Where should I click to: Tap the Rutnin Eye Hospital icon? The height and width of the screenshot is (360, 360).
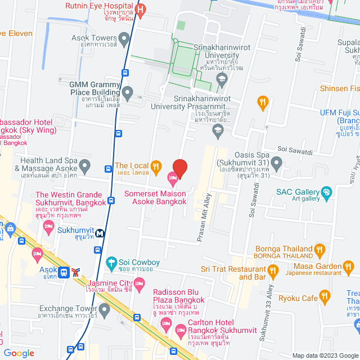coord(141,10)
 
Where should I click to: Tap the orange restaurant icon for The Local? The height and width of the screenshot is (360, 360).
coord(156,166)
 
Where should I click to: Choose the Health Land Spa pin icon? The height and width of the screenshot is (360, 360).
coord(85,166)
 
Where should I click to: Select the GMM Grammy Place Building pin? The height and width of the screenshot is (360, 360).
coord(128,92)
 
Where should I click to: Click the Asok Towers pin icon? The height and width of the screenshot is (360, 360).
coord(124,38)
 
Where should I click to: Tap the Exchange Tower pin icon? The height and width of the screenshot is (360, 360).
coord(104,309)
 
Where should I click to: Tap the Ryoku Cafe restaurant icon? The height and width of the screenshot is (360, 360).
coord(324,295)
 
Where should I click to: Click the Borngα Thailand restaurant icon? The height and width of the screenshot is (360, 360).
coord(319,249)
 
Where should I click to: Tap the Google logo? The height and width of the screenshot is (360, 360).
coord(19,353)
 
